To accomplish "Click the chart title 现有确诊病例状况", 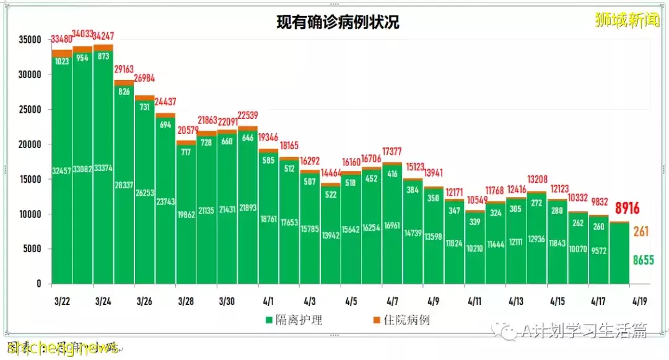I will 338,23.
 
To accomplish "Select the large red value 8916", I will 627,208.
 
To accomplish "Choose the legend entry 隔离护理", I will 295,320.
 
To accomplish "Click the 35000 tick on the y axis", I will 30,40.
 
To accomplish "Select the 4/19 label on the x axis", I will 639,301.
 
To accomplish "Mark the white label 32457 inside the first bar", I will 62,170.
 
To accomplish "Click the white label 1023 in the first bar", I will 62,62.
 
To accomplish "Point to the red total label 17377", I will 393,151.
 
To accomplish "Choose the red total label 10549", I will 476,200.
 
